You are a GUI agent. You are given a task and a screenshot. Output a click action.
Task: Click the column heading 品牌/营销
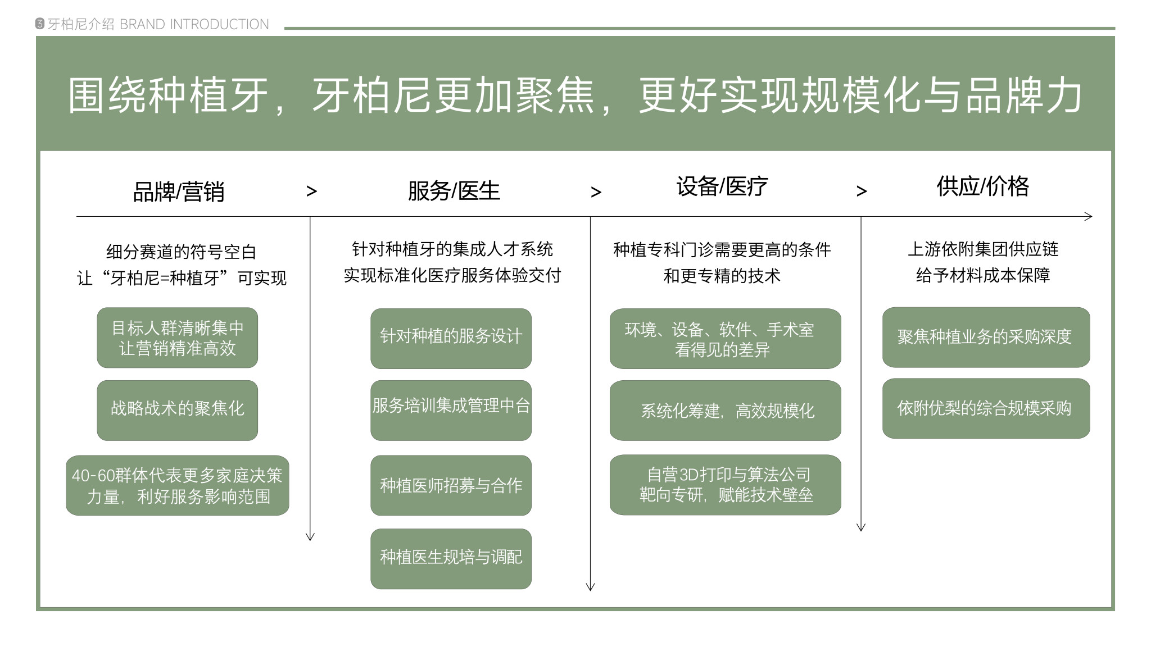click(x=179, y=192)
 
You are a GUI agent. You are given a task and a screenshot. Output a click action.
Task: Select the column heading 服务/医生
click(x=454, y=191)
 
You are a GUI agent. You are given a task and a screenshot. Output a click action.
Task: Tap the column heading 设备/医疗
click(x=722, y=186)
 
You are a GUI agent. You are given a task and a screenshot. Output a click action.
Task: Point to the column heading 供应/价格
click(x=983, y=186)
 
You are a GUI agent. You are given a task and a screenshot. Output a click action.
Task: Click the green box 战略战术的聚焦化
click(x=178, y=410)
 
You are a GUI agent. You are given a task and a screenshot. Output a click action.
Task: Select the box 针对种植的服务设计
click(x=451, y=338)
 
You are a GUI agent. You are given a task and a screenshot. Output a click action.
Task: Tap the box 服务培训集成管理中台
click(x=451, y=410)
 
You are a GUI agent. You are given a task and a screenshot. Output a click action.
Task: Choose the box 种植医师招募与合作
click(x=451, y=485)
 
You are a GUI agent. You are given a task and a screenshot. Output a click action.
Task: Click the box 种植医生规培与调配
click(x=451, y=558)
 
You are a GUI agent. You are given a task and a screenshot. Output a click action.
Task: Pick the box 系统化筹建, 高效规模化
click(x=726, y=410)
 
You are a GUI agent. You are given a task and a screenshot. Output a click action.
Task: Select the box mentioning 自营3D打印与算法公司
click(x=726, y=485)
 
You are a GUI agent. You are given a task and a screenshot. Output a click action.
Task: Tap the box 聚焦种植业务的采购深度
click(x=986, y=337)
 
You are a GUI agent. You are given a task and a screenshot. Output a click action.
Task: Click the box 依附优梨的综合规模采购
click(x=986, y=408)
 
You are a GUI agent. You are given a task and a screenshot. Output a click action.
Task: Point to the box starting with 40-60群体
click(x=178, y=485)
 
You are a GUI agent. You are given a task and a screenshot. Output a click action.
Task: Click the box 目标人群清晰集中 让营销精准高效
click(x=178, y=338)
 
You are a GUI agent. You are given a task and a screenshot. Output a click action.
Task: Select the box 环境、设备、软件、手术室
click(x=726, y=338)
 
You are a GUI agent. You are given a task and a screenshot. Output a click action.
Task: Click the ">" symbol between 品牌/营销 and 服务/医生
click(x=312, y=192)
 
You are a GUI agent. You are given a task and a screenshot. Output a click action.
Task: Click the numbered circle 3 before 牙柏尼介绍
click(x=40, y=24)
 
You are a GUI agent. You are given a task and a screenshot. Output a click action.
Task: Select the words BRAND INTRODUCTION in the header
click(x=194, y=24)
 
